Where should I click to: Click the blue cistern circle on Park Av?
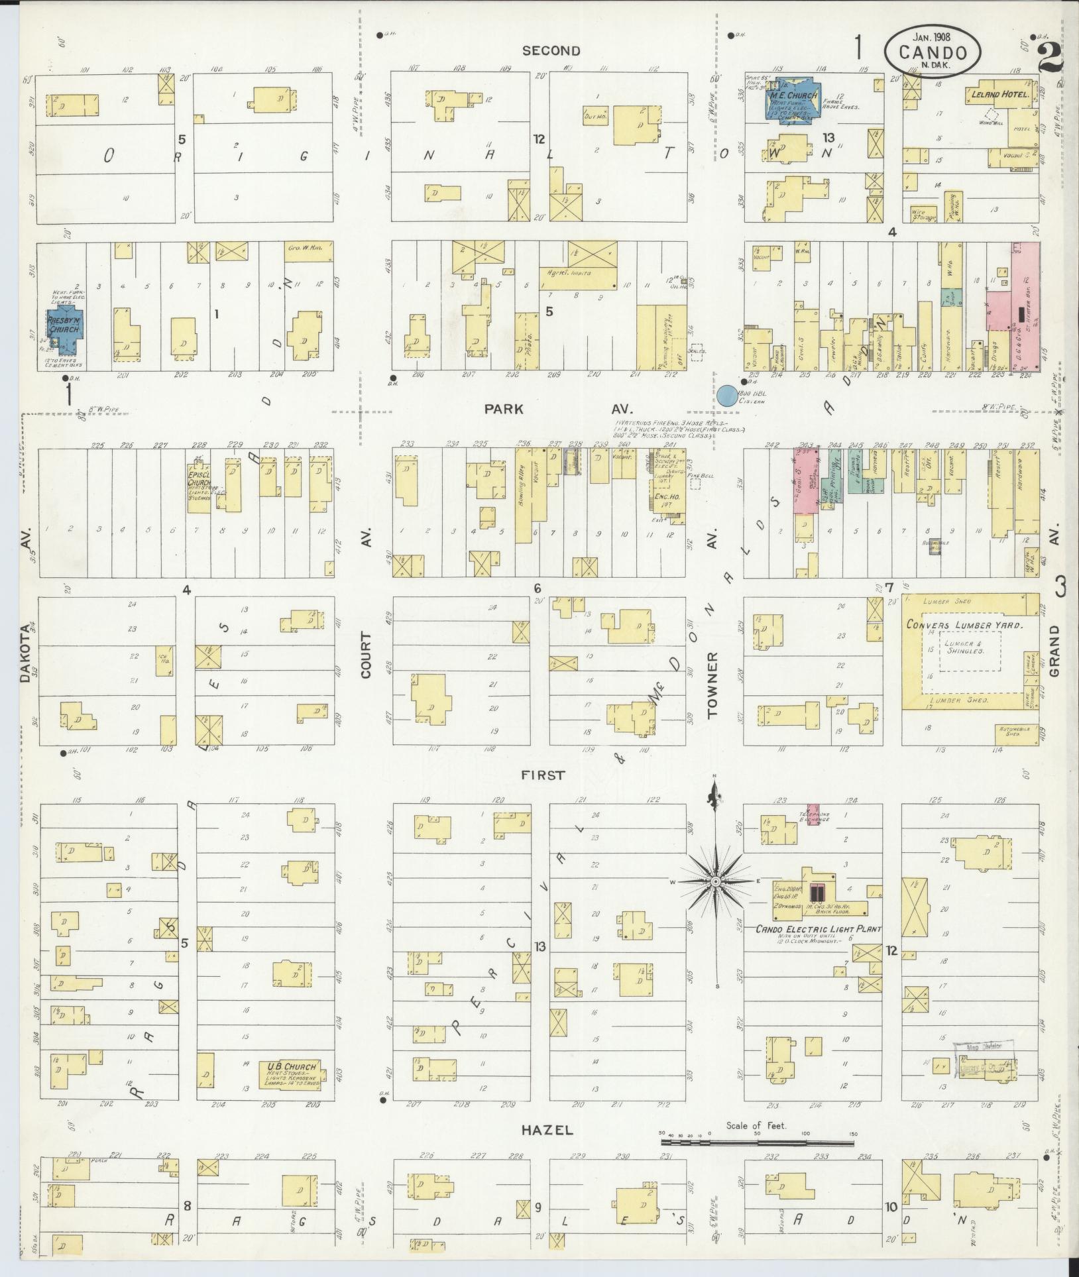pyautogui.click(x=726, y=396)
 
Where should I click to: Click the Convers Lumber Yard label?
pyautogui.click(x=964, y=624)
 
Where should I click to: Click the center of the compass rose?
pyautogui.click(x=716, y=883)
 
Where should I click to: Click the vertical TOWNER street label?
pyautogui.click(x=713, y=685)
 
